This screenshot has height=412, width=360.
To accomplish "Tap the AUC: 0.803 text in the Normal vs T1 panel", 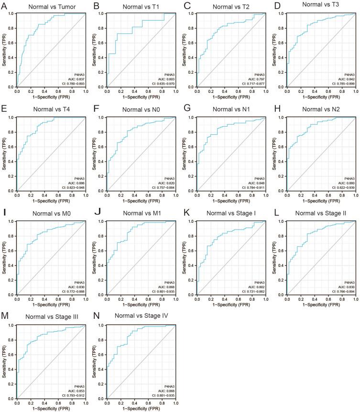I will pyautogui.click(x=164, y=79).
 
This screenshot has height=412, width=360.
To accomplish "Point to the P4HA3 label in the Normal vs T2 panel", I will pyautogui.click(x=258, y=75).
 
